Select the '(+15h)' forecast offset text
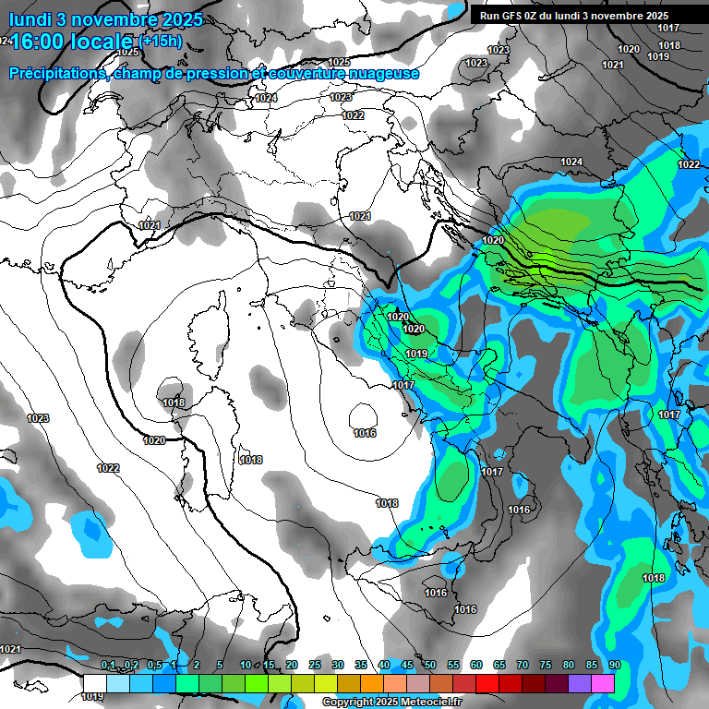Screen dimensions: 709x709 (x=160, y=41)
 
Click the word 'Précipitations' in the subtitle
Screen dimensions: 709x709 (x=55, y=73)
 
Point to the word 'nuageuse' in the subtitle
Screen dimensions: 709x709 (x=387, y=73)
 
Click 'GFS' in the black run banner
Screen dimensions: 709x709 (x=510, y=16)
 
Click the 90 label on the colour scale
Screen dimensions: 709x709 (x=614, y=665)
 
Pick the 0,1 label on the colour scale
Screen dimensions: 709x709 (x=108, y=665)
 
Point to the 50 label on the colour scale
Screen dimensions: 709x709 (x=430, y=665)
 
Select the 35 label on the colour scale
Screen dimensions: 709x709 (x=361, y=665)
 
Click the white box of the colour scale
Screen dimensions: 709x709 (x=94, y=682)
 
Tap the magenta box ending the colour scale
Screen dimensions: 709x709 (x=603, y=682)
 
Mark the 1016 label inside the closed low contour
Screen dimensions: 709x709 (x=365, y=433)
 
